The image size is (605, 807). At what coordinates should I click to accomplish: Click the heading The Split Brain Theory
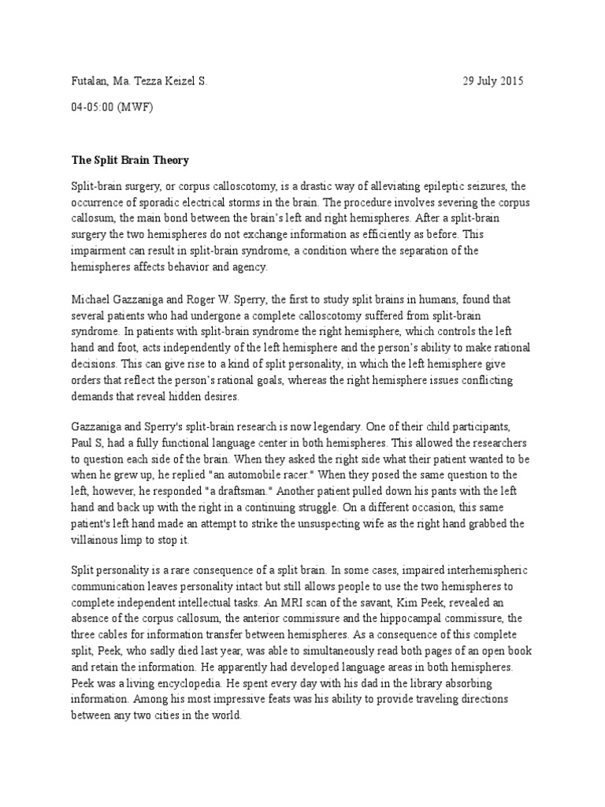(x=130, y=160)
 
